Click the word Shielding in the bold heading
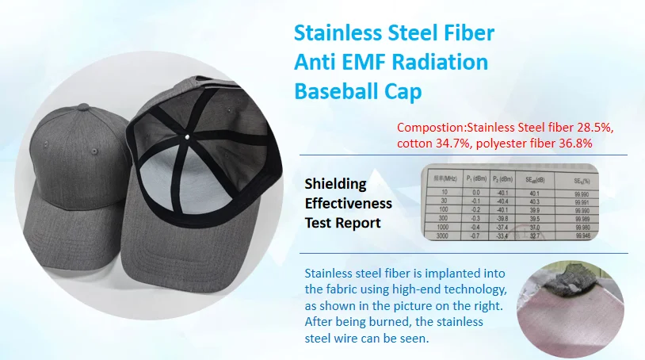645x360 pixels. (336, 184)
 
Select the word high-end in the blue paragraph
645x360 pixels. (445, 288)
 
